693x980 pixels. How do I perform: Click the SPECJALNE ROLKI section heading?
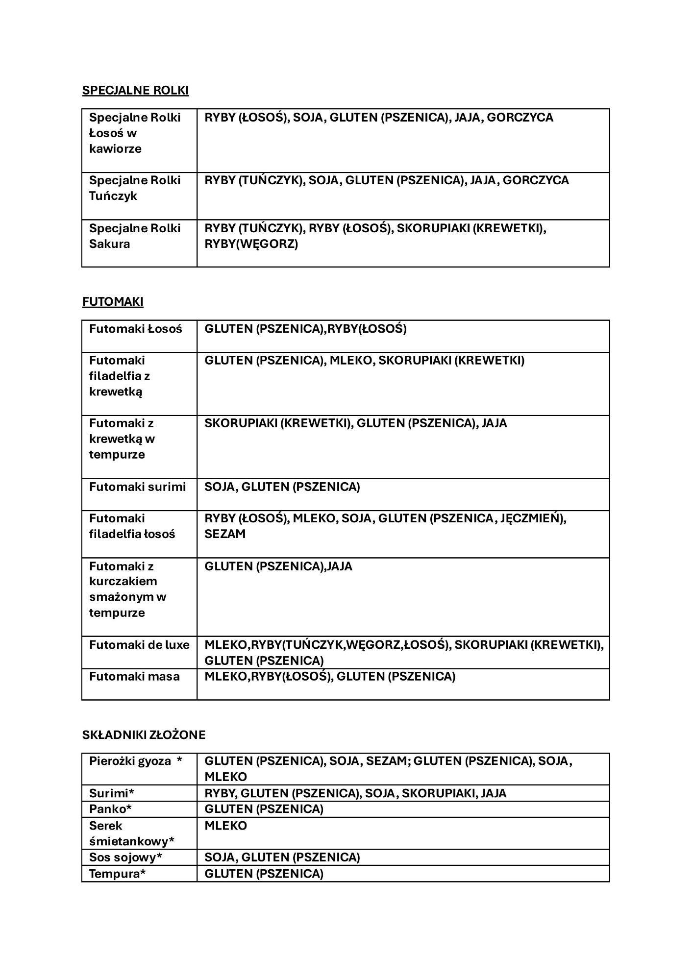[x=135, y=91]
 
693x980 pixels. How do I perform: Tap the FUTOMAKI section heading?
[x=113, y=302]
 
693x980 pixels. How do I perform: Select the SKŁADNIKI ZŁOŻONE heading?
[x=144, y=735]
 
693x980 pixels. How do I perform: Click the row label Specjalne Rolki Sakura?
[x=135, y=236]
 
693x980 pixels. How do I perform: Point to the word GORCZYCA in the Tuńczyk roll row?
[x=536, y=180]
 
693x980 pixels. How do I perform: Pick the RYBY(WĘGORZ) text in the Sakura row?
[x=251, y=244]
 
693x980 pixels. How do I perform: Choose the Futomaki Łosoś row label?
[x=135, y=329]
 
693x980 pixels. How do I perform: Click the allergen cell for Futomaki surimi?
[x=282, y=487]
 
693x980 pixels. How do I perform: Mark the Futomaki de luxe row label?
[x=139, y=645]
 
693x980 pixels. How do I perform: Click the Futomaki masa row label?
[x=134, y=677]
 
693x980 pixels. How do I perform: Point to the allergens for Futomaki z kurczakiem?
[x=278, y=566]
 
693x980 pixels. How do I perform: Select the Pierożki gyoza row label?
[x=135, y=761]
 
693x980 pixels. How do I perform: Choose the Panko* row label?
[x=110, y=808]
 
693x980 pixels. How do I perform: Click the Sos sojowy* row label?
[x=125, y=857]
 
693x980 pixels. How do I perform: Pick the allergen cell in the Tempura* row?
[x=264, y=874]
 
